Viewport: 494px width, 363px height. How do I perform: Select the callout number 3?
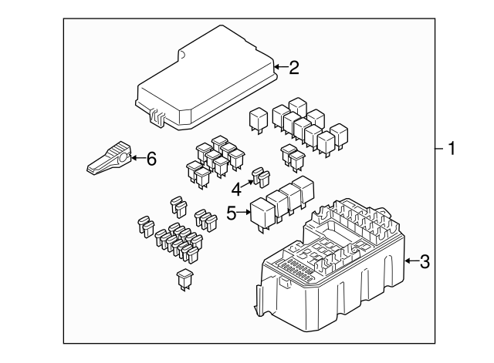coord(424,262)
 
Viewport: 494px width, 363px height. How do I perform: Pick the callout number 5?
coord(231,213)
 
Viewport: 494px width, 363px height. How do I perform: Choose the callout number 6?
coord(151,160)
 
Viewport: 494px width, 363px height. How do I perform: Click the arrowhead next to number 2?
coord(277,67)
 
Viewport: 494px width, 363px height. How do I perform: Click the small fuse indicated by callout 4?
coord(261,179)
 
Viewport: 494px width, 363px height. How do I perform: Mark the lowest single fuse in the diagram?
coord(185,280)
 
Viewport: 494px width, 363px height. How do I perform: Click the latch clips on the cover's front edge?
coord(157,117)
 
